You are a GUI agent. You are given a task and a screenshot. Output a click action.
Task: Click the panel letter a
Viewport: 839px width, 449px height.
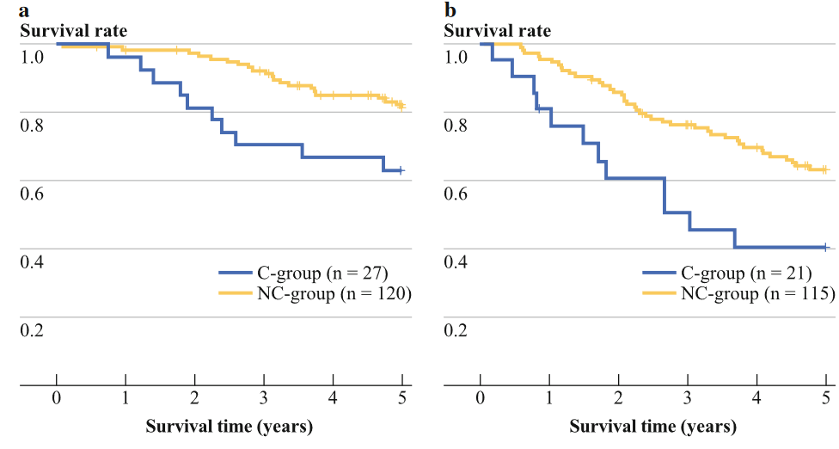tap(24, 10)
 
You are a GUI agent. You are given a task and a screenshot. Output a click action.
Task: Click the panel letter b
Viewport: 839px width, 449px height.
tap(450, 9)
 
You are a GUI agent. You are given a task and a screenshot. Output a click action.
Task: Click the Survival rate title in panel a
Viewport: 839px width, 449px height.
tap(74, 31)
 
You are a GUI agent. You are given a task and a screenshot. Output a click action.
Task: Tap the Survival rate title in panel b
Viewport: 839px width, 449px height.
tap(498, 31)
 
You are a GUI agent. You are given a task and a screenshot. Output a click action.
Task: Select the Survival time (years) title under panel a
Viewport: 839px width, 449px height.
tap(229, 427)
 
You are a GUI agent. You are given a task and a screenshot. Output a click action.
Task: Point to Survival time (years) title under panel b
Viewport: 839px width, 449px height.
tap(652, 427)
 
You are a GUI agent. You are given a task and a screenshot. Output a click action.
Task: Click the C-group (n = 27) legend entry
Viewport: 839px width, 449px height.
tap(303, 274)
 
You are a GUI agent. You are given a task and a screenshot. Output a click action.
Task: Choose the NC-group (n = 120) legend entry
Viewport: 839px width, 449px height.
tap(315, 294)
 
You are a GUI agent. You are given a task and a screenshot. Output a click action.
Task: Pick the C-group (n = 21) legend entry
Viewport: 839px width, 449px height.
tap(727, 274)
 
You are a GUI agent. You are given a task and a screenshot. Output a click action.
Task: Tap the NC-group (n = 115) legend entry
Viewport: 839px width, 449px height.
tap(739, 294)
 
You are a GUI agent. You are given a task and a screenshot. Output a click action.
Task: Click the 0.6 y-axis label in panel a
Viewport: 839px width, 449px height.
tap(32, 194)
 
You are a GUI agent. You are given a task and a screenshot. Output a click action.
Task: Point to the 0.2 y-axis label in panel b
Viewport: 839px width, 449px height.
tap(456, 331)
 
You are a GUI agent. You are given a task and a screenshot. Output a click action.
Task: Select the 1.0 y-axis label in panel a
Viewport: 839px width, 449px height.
tap(32, 57)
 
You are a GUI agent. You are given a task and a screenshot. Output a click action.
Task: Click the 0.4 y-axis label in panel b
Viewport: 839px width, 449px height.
tap(456, 262)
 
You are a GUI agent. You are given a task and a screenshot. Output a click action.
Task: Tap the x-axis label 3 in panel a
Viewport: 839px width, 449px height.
tap(264, 398)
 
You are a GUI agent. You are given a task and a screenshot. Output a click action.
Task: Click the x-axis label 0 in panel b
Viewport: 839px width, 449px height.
tap(481, 398)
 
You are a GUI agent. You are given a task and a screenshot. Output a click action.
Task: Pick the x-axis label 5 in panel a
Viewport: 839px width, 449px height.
tap(402, 398)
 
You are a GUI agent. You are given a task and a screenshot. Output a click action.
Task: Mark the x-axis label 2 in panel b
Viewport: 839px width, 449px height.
tap(619, 398)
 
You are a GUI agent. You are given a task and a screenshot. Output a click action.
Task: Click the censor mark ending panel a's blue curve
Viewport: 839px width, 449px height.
tap(401, 170)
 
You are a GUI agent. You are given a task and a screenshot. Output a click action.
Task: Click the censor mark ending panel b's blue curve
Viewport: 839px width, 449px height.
tap(826, 247)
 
